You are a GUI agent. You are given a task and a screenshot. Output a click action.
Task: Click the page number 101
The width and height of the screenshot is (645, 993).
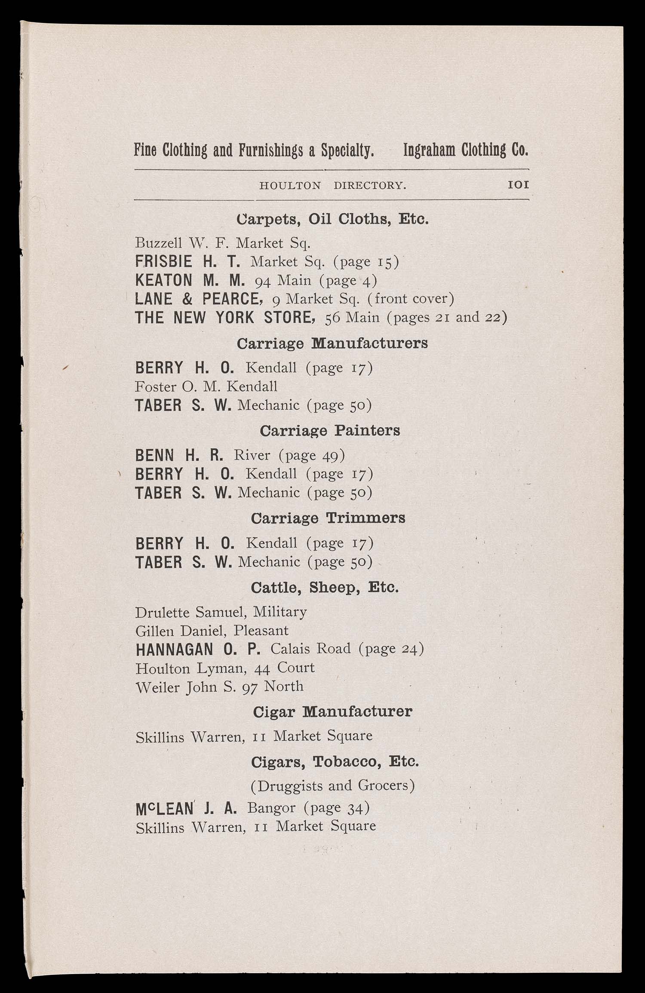518,185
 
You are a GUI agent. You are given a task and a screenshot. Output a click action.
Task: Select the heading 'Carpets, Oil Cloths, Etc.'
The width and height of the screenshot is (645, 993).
332,219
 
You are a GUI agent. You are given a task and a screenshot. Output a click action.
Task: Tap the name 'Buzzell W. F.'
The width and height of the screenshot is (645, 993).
184,243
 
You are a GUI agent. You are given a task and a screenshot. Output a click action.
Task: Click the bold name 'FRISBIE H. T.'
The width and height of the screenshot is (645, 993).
187,261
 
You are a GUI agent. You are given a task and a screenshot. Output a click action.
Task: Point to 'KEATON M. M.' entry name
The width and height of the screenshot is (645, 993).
190,280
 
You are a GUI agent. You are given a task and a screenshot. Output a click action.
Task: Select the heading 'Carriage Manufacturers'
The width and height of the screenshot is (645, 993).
332,343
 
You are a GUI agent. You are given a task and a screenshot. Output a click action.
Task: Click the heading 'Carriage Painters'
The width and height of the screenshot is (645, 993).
330,431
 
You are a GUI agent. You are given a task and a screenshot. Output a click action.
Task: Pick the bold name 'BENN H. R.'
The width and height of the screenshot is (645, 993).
179,455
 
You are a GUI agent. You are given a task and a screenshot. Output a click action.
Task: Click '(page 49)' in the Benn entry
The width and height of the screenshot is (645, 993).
312,455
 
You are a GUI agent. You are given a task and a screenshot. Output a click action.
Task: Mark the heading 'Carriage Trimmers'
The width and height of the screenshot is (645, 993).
328,518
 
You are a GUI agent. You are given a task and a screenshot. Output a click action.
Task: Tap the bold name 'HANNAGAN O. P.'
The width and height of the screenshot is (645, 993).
198,649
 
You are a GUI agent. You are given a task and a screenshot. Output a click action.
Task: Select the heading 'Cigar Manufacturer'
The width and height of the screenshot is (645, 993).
332,712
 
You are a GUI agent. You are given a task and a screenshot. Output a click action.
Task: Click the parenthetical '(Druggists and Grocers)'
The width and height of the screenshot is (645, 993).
332,785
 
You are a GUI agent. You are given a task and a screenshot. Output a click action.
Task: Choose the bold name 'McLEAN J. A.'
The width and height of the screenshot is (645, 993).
186,809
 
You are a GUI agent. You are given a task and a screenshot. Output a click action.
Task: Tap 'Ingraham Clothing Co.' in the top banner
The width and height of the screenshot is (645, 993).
465,150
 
